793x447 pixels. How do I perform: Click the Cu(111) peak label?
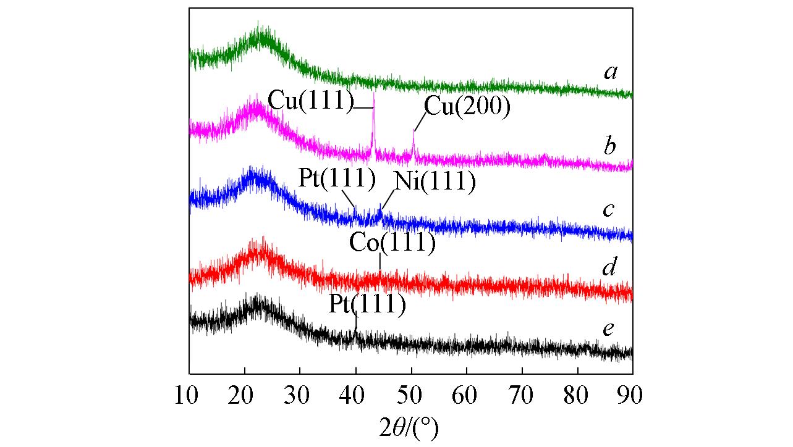(x=310, y=99)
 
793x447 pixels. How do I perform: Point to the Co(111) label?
(x=392, y=242)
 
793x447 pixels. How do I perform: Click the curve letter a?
(x=611, y=73)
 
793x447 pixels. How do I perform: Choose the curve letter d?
(x=609, y=267)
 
